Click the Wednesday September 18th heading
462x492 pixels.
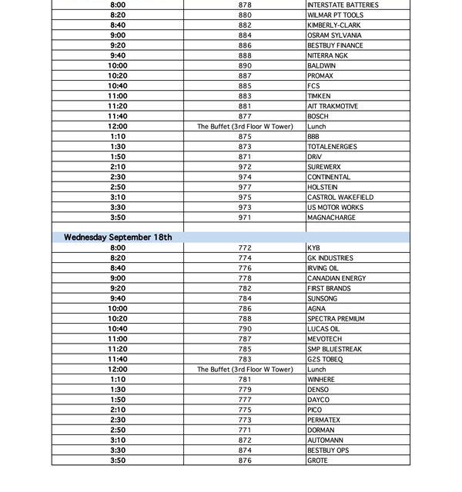coord(118,238)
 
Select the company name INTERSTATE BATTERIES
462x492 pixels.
coord(343,5)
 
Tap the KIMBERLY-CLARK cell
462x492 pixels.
coord(334,25)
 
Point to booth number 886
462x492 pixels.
coord(245,45)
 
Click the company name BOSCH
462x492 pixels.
coord(318,116)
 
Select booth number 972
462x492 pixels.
coord(245,167)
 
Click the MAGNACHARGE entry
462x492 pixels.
coord(332,218)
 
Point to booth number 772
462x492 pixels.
coord(245,248)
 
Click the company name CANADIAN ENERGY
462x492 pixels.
coord(336,278)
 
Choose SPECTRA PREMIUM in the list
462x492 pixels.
coord(336,319)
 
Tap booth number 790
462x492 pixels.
coord(245,329)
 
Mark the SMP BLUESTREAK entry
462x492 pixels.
coord(334,349)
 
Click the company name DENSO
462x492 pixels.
coord(318,390)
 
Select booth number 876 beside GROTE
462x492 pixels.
coord(245,460)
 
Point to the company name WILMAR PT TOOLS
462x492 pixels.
coord(335,15)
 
